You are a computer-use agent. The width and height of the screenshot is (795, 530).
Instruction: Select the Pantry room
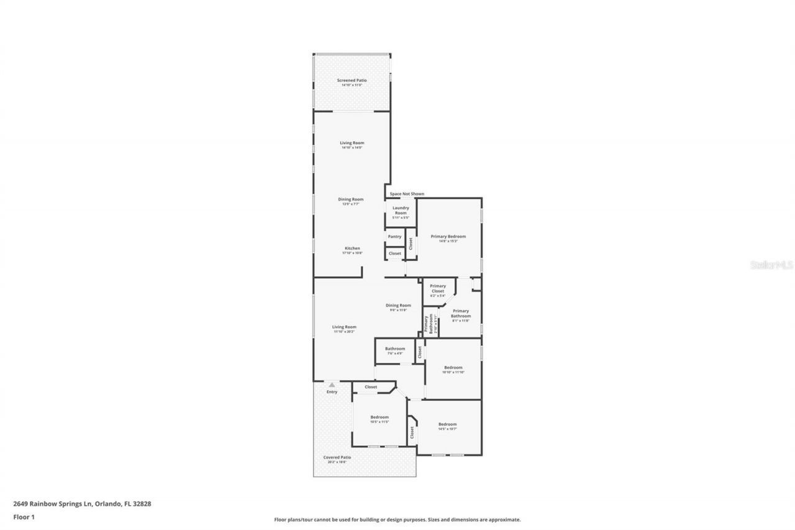pyautogui.click(x=394, y=237)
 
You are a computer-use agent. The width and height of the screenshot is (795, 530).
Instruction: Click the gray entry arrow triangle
pyautogui.click(x=332, y=385)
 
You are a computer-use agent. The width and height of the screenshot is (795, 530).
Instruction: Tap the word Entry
pyautogui.click(x=332, y=392)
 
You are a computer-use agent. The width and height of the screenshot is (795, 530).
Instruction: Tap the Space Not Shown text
pyautogui.click(x=407, y=194)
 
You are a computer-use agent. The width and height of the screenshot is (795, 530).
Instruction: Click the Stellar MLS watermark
pyautogui.click(x=771, y=265)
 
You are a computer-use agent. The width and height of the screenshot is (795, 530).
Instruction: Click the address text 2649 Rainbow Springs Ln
pyautogui.click(x=82, y=504)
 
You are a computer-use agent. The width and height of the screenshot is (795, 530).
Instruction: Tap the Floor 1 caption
pyautogui.click(x=24, y=516)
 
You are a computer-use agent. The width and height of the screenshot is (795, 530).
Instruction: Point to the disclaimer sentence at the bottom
pyautogui.click(x=397, y=519)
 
